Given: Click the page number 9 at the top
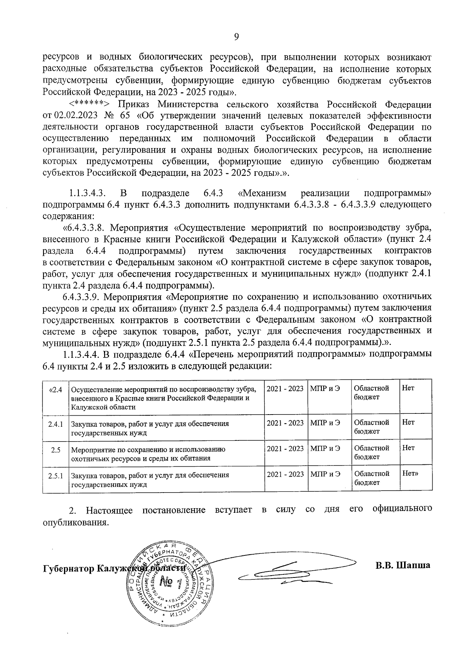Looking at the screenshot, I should click(x=236, y=37).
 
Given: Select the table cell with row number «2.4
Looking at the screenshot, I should click(x=56, y=389).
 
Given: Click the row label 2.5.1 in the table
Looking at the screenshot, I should click(x=56, y=476).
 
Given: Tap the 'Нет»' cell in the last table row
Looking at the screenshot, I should click(x=411, y=474).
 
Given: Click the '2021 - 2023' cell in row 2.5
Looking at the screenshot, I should click(x=285, y=449).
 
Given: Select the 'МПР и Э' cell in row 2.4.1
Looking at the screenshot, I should click(x=325, y=423).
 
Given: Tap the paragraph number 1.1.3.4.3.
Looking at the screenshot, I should click(x=90, y=193).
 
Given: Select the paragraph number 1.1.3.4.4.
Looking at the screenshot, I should click(x=81, y=354).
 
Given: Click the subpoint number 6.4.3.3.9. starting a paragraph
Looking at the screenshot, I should click(x=83, y=296).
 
